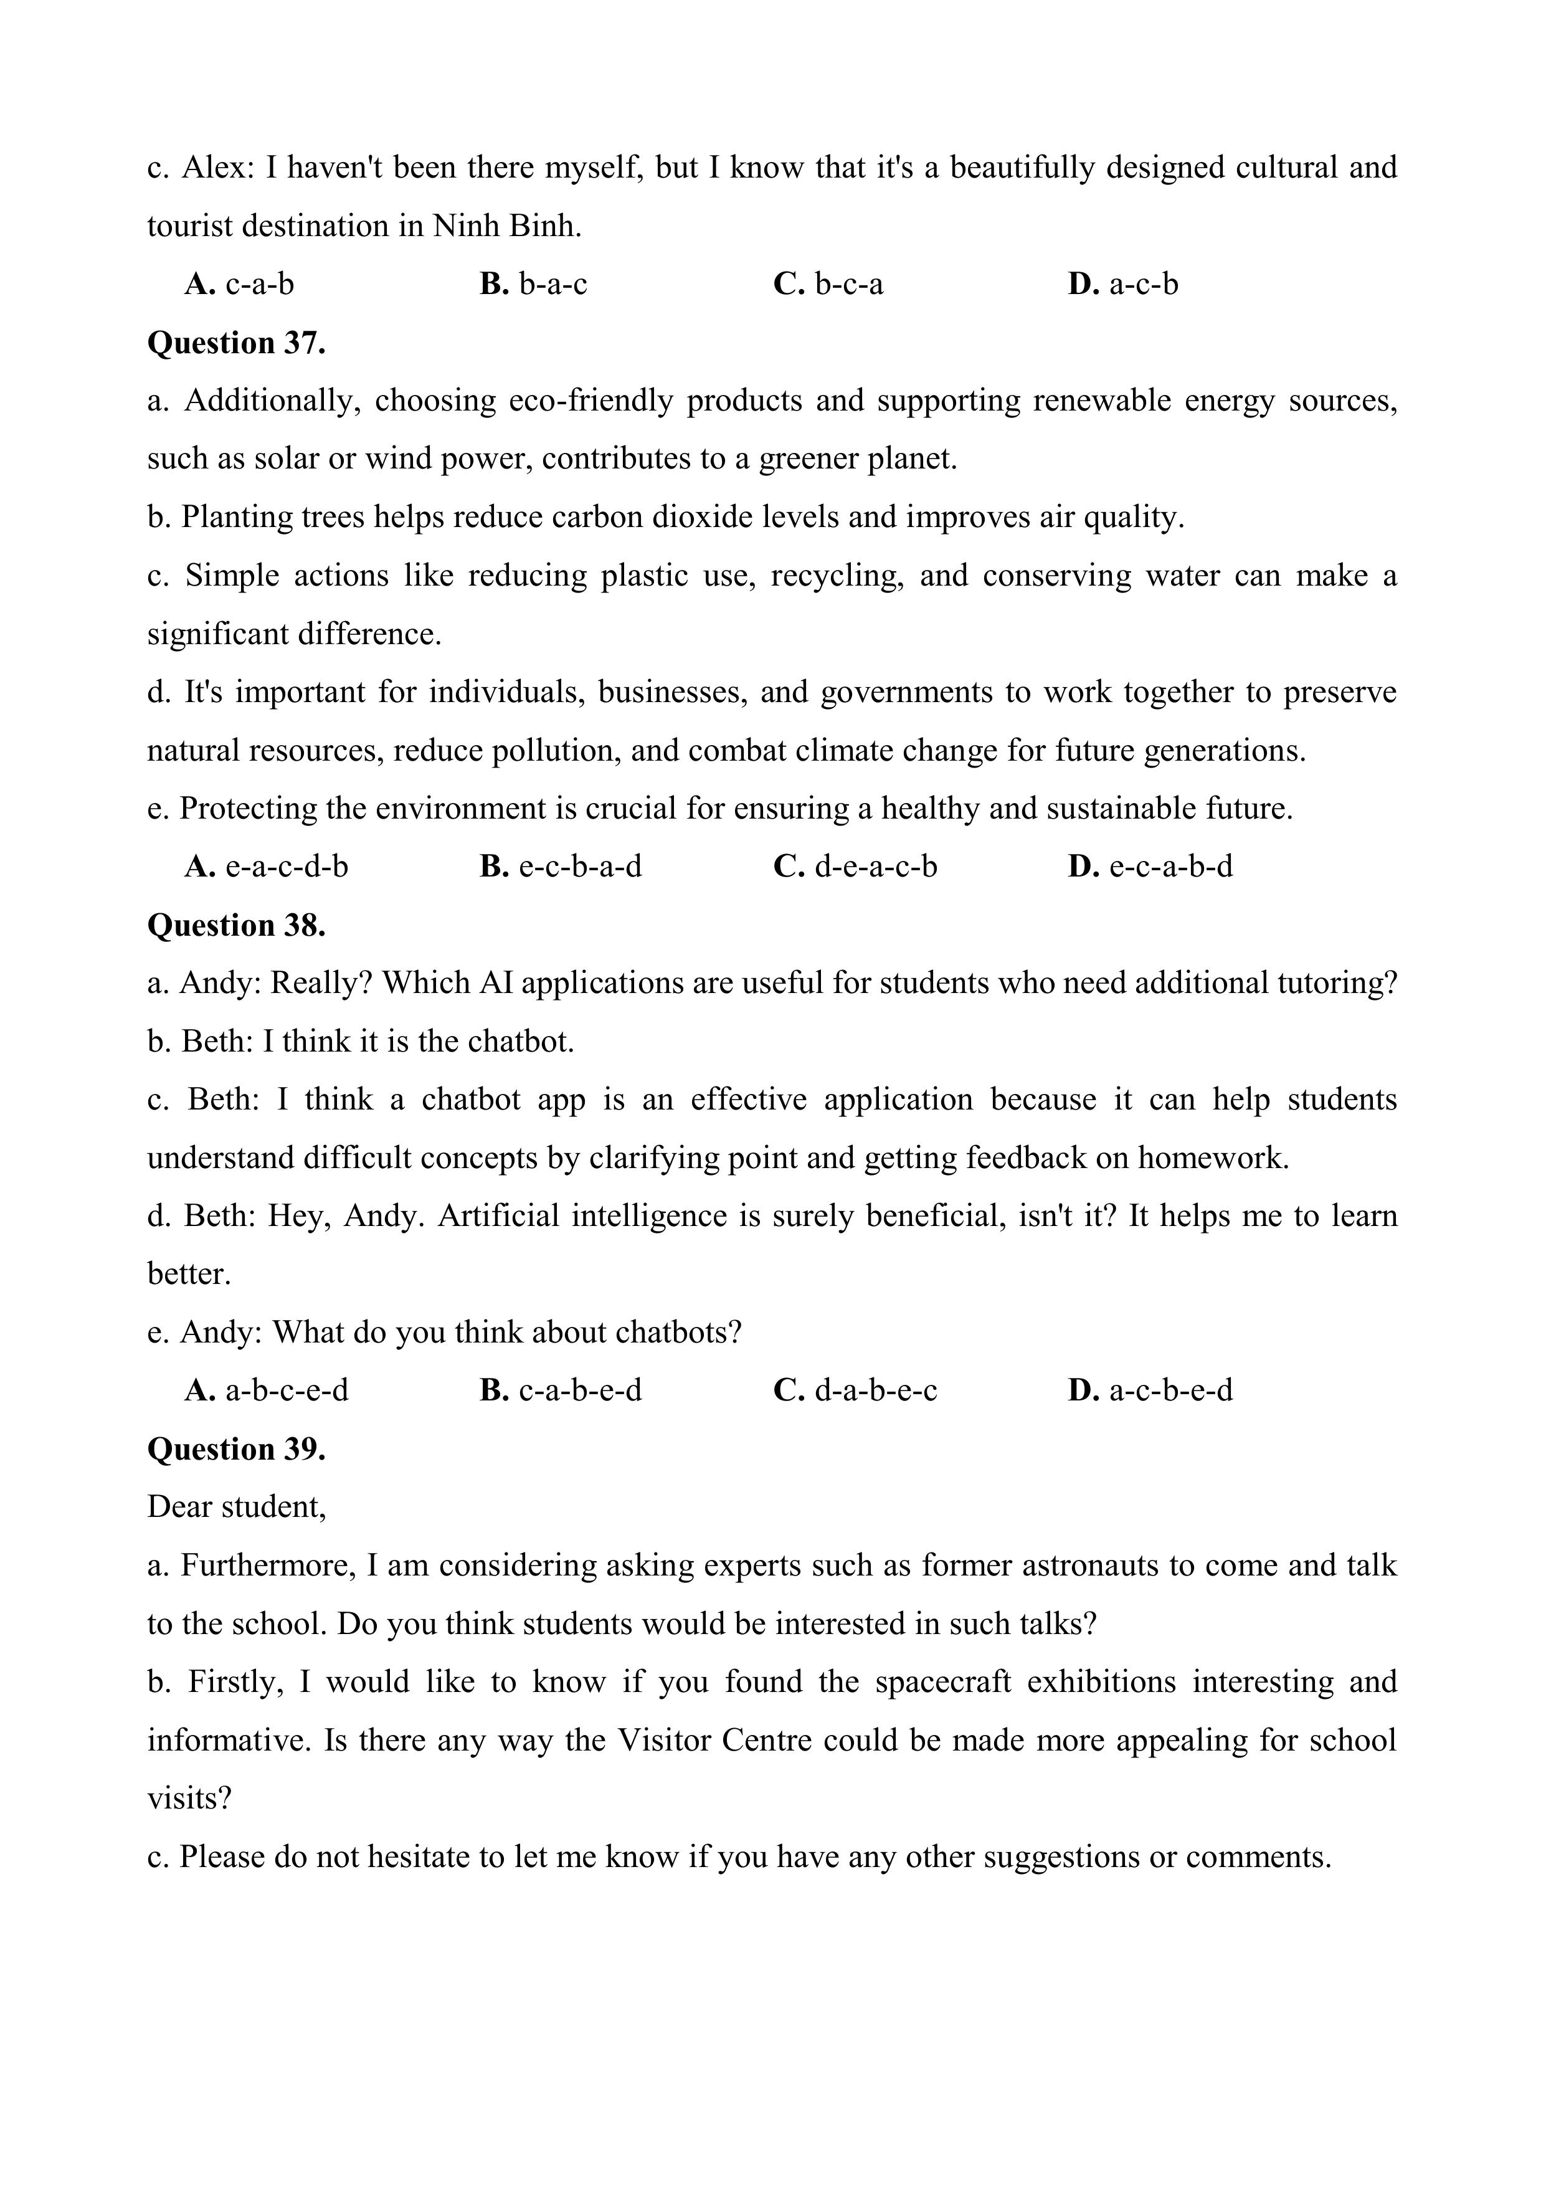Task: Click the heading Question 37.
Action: [x=236, y=343]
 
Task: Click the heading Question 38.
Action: [x=236, y=926]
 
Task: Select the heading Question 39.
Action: [x=236, y=1449]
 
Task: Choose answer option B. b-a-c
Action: [x=533, y=283]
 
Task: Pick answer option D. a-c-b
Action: [x=1123, y=283]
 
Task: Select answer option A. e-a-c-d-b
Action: [x=267, y=867]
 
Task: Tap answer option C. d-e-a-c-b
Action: [x=855, y=867]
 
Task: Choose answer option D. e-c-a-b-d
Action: [x=1150, y=867]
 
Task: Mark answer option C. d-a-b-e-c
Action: [x=855, y=1391]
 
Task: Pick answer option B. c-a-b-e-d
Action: [x=561, y=1391]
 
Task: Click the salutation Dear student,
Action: [x=236, y=1507]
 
